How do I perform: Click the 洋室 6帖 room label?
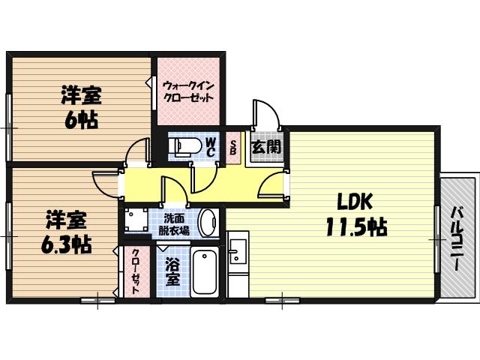click(81, 108)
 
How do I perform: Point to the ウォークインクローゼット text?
click(188, 91)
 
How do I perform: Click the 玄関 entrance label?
click(266, 147)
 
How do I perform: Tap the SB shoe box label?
click(233, 147)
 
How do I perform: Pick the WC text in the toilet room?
click(211, 147)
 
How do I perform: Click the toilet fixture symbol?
click(184, 146)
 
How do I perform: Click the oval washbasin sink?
click(208, 223)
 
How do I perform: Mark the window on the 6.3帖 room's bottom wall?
click(97, 301)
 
